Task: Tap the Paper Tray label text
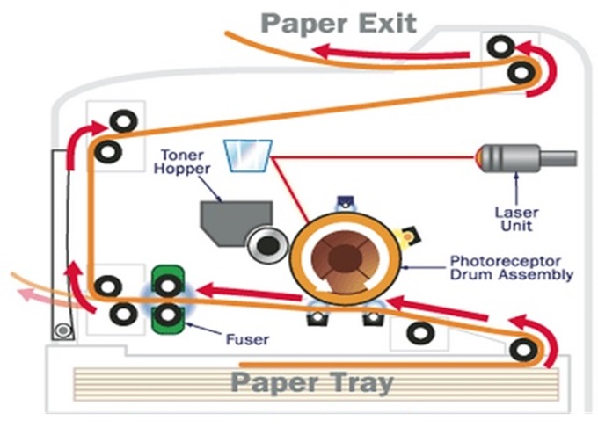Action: click(x=312, y=383)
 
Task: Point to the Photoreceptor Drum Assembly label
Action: click(x=511, y=268)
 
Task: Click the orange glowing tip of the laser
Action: click(x=479, y=158)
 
